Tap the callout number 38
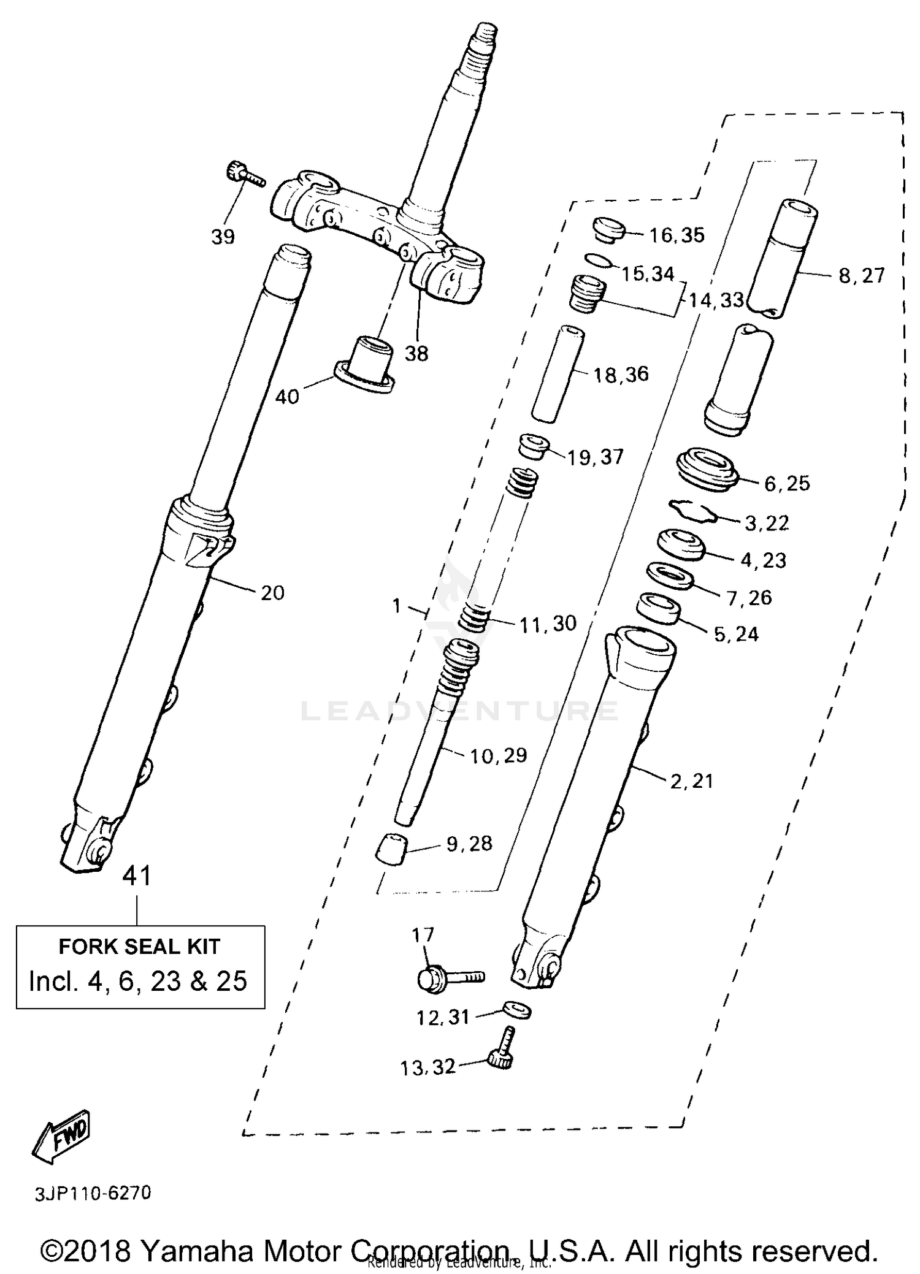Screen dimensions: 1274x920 click(416, 354)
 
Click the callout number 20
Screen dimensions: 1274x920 click(272, 593)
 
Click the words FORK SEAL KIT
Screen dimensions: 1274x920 click(139, 947)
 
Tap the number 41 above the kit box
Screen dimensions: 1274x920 click(137, 876)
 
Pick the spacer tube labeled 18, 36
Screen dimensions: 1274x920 click(558, 373)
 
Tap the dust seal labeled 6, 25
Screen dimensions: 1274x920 click(708, 469)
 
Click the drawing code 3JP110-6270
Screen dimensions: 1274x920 click(92, 1194)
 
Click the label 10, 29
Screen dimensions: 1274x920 click(498, 756)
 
